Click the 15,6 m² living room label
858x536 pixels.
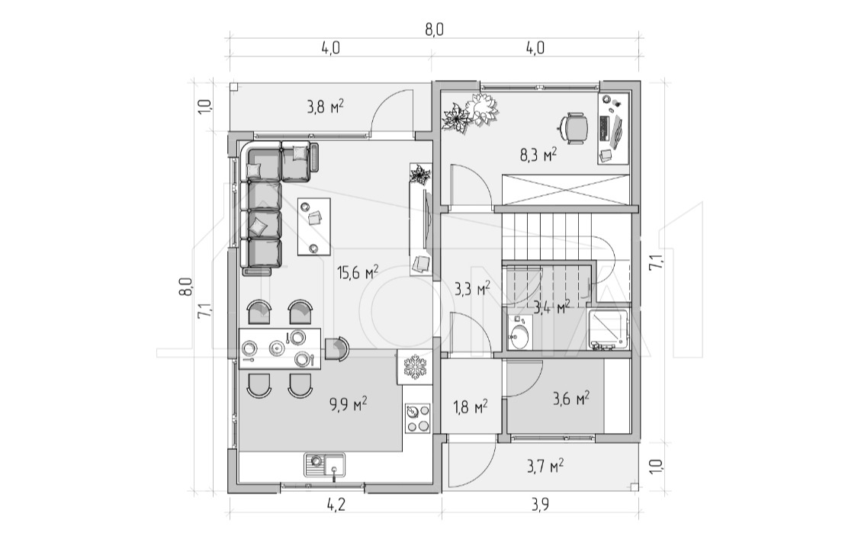pos(358,272)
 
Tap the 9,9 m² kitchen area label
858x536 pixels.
pos(348,404)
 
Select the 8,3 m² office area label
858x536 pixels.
pos(538,155)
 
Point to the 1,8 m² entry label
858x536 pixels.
pos(471,406)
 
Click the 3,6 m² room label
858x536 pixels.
pos(570,398)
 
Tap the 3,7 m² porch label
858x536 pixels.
pos(545,466)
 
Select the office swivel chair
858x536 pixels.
pos(573,128)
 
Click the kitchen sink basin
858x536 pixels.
pos(324,467)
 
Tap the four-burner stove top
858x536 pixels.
pos(417,419)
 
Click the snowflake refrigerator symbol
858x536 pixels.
pos(414,367)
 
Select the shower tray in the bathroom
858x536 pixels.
pos(609,329)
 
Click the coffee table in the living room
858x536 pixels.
pos(314,226)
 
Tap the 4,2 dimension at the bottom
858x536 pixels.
pos(336,504)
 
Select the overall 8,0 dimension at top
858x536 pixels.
pos(434,30)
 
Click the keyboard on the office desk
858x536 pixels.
pos(604,128)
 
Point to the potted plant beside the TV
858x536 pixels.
pos(420,175)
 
